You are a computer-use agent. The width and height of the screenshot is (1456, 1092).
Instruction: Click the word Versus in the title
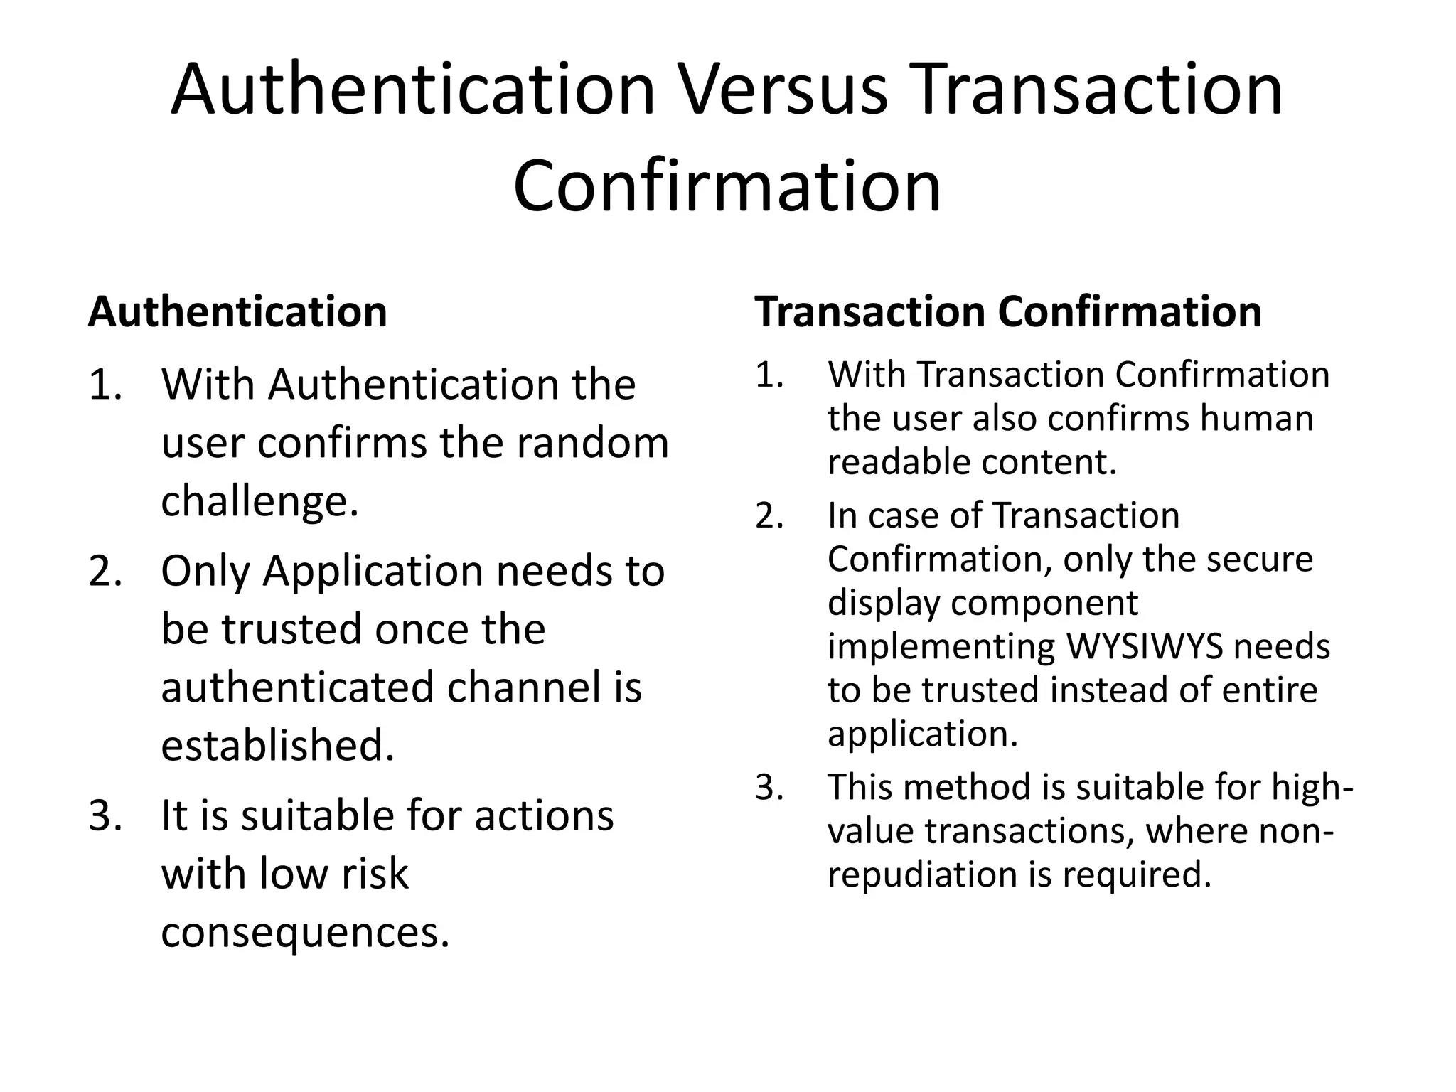(x=784, y=90)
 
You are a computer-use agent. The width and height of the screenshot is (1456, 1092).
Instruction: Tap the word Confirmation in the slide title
(x=727, y=186)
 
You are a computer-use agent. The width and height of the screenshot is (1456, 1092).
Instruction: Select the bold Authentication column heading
(x=237, y=311)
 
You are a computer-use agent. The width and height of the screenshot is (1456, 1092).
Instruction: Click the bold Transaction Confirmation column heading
(x=1008, y=311)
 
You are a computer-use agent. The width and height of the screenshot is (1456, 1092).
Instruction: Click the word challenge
(x=259, y=501)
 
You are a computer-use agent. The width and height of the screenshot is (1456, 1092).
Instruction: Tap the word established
(x=277, y=746)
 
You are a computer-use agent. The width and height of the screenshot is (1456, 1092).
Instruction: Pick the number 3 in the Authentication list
(x=104, y=815)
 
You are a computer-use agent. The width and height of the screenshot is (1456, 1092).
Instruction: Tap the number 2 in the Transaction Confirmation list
(x=769, y=515)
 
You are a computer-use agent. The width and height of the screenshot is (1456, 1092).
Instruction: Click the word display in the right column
(x=882, y=603)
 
